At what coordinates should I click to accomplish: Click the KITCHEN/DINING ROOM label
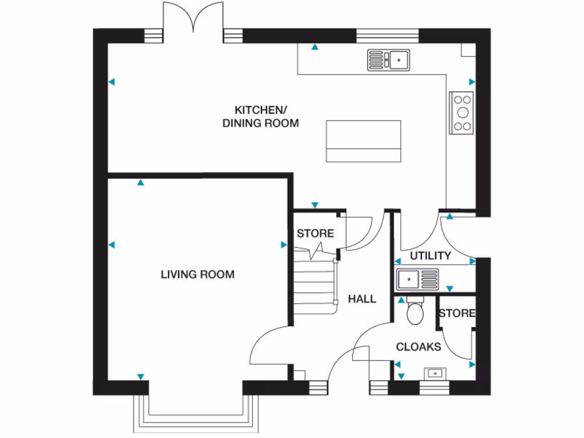pos(260,116)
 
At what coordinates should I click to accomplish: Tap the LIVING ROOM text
pos(197,274)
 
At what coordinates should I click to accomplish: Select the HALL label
pos(362,299)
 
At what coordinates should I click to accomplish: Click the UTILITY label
pos(430,255)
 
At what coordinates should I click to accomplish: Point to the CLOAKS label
pos(418,347)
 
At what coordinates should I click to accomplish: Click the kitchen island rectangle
pos(363,141)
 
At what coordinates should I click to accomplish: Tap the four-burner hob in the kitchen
pos(462,113)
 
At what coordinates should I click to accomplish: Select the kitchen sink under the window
pos(388,60)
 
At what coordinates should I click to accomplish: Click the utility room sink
pos(417,279)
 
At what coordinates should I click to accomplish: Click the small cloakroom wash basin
pos(435,374)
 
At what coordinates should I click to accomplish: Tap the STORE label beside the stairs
pos(315,234)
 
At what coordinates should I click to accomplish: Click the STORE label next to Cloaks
pos(456,313)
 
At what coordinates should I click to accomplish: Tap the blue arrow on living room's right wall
pos(284,245)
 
